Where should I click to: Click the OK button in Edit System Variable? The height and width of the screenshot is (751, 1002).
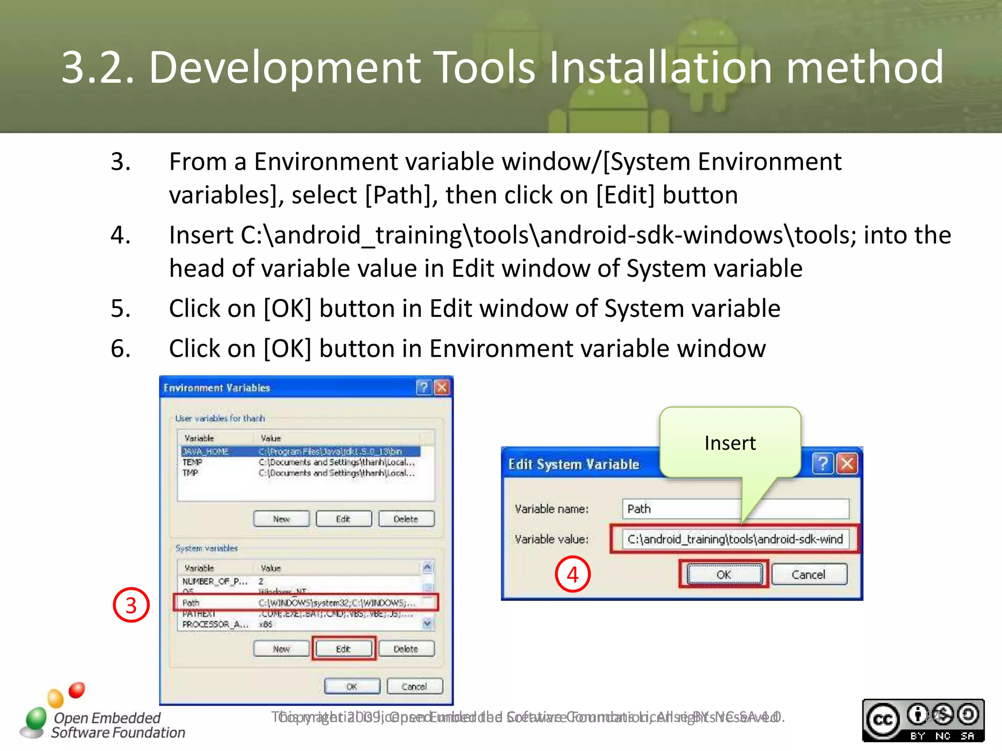coord(724,574)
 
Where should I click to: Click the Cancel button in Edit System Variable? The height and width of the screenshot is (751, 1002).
coord(809,574)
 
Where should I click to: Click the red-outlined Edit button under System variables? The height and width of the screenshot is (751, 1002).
coord(343,649)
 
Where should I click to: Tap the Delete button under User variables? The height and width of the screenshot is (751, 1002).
coord(406,519)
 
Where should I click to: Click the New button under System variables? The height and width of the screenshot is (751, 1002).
coord(281,649)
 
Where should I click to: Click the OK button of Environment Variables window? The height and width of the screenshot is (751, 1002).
coord(352,686)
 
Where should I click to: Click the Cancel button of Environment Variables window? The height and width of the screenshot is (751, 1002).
coord(414,686)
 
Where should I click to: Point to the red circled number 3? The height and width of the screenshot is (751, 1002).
coord(131,605)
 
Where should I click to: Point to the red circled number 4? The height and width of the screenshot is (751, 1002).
coord(572,574)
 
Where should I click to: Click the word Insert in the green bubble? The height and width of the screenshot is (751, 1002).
coord(730,443)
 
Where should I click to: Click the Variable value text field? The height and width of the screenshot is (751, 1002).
coord(735,539)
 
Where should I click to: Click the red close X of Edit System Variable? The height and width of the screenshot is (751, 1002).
coord(847,463)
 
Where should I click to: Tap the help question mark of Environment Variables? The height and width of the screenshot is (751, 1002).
coord(424,388)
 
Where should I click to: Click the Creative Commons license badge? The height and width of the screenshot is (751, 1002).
coord(923,720)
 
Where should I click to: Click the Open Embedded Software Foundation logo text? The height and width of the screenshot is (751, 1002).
coord(117,725)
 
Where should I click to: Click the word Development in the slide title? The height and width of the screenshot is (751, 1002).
coord(284,67)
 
